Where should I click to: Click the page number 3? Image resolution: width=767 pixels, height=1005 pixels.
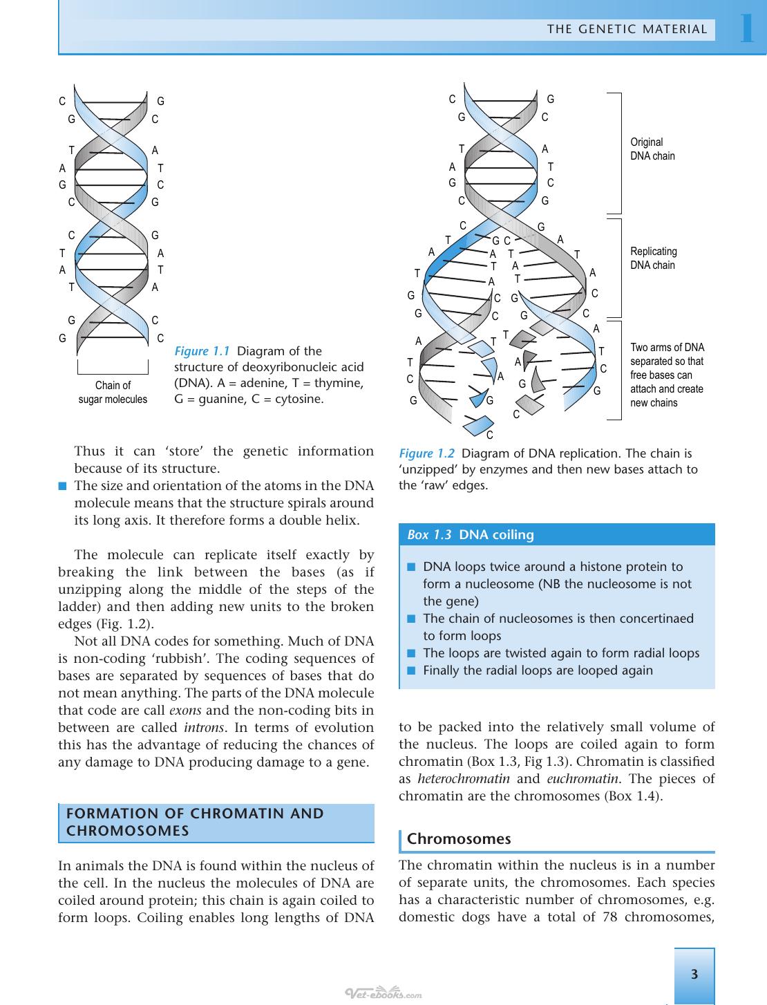(x=694, y=975)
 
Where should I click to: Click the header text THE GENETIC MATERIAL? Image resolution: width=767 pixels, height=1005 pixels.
(x=627, y=29)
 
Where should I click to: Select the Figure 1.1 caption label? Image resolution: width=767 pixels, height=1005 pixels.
(x=202, y=351)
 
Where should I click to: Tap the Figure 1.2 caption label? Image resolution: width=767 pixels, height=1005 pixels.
(x=426, y=453)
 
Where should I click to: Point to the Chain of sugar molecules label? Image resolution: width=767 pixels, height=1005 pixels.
(x=113, y=392)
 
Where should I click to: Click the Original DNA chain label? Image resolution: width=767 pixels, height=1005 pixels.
(x=652, y=149)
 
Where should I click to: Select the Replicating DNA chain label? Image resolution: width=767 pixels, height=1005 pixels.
(x=653, y=259)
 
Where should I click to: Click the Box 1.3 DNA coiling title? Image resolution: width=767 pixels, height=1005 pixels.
(x=471, y=535)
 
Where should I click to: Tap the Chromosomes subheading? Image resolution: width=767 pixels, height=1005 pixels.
(x=459, y=838)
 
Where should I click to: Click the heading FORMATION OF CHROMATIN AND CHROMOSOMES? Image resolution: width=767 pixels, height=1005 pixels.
(x=195, y=822)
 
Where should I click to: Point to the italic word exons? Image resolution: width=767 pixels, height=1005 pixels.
(x=185, y=710)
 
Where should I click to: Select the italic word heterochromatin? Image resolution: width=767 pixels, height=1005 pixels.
(x=464, y=778)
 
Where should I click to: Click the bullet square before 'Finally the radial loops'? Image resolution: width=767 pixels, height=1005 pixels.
(x=411, y=670)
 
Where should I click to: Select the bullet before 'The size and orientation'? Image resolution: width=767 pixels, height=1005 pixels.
(x=62, y=486)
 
